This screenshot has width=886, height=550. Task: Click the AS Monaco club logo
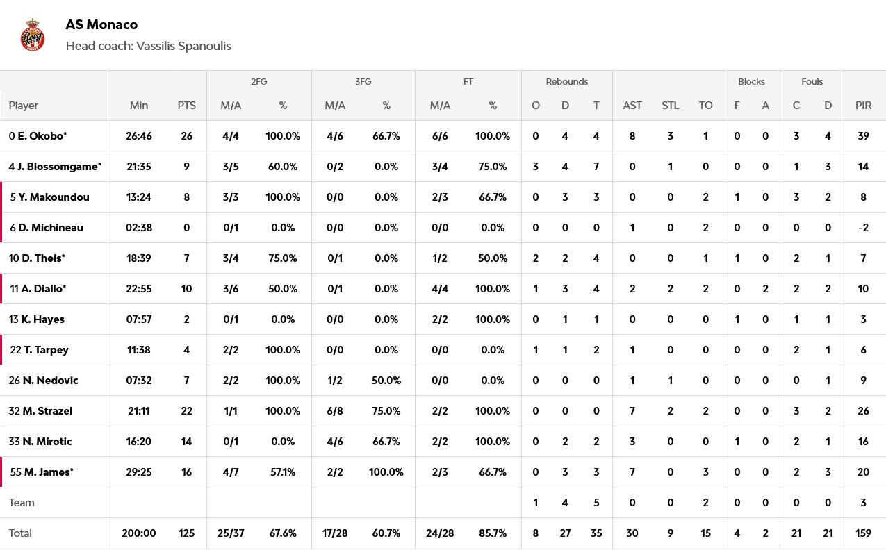click(x=33, y=35)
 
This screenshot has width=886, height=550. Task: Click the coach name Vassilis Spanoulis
click(x=183, y=46)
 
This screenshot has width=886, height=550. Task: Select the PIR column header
click(x=864, y=106)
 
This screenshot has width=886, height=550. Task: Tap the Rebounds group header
click(x=566, y=81)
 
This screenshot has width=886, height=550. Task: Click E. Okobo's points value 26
click(x=186, y=136)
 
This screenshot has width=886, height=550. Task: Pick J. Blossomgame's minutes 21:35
click(x=139, y=167)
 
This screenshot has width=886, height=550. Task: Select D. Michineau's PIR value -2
click(x=863, y=228)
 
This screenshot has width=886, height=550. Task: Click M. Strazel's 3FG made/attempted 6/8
click(x=335, y=411)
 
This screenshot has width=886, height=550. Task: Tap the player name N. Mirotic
click(x=47, y=442)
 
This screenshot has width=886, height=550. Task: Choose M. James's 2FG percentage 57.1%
click(x=283, y=472)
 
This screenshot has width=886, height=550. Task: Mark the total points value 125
click(x=186, y=533)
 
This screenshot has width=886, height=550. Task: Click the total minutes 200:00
click(x=139, y=533)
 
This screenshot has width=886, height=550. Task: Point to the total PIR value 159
click(x=863, y=533)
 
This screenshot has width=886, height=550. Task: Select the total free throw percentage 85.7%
click(x=493, y=533)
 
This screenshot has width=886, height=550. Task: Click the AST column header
click(x=632, y=106)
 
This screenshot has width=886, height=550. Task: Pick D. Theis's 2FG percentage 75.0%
click(x=283, y=258)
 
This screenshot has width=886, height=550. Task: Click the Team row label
click(x=22, y=503)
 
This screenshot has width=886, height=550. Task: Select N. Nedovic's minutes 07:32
click(x=139, y=381)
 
